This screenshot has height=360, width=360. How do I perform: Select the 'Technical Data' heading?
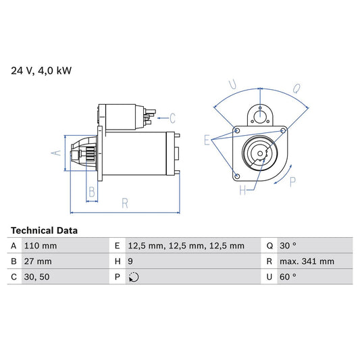pyautogui.click(x=44, y=230)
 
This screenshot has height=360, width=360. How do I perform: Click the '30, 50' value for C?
pyautogui.click(x=35, y=277)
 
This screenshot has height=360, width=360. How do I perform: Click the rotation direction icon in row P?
pyautogui.click(x=133, y=277)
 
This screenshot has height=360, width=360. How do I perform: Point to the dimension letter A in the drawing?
pyautogui.click(x=57, y=153)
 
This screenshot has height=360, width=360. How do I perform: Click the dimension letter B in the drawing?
pyautogui.click(x=92, y=192)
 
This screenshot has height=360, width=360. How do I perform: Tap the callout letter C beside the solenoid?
pyautogui.click(x=173, y=118)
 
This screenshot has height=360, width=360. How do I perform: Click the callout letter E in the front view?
pyautogui.click(x=207, y=140)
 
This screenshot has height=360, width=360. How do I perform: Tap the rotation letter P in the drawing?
pyautogui.click(x=292, y=182)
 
